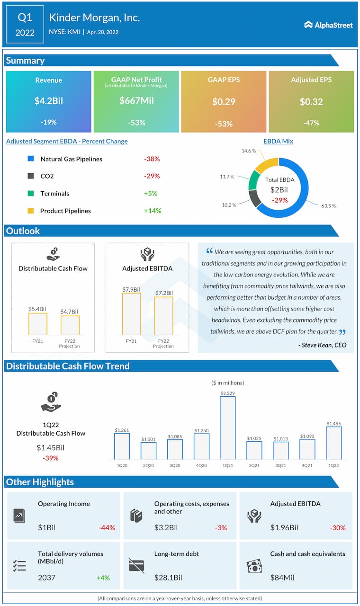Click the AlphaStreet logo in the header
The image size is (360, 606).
coord(328,25)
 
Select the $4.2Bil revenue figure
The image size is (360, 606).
coord(48,101)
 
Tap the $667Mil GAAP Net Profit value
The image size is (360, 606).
coord(136,100)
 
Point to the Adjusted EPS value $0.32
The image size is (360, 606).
coord(311,101)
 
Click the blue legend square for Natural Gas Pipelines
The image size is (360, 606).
coord(31,159)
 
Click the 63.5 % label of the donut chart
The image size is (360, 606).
coord(328,206)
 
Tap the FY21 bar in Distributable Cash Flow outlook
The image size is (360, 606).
coord(38,324)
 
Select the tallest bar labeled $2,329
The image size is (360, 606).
coord(227,428)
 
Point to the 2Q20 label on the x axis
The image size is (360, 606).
coord(148,466)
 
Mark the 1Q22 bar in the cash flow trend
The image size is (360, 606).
coord(333,443)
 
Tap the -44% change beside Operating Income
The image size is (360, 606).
coord(107,528)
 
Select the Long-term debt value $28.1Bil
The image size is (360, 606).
coord(168,578)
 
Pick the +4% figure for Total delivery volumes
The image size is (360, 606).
coord(103,578)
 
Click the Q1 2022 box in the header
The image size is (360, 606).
coord(25,25)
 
